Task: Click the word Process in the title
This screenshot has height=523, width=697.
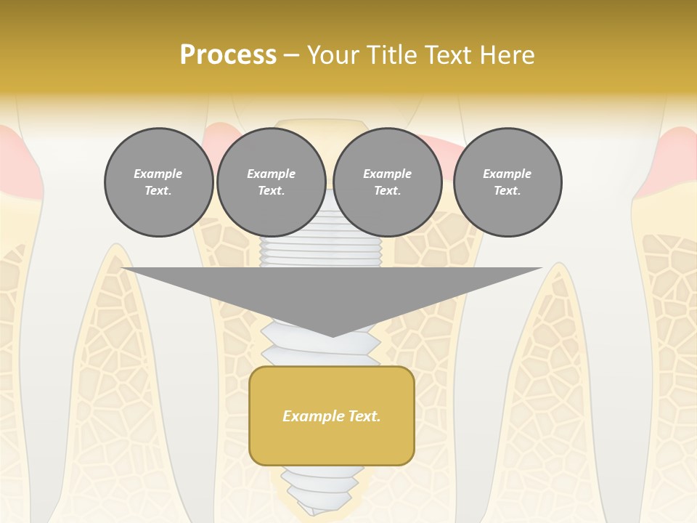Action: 228,55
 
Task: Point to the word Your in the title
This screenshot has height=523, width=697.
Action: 330,55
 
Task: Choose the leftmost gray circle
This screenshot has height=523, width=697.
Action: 158,182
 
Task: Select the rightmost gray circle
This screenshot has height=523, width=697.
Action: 508,182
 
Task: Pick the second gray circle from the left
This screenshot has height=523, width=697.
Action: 271,182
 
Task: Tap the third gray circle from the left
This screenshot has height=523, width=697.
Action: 387,182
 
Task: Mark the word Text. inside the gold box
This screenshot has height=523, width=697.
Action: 364,416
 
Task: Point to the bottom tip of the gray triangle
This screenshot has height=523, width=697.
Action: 333,336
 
